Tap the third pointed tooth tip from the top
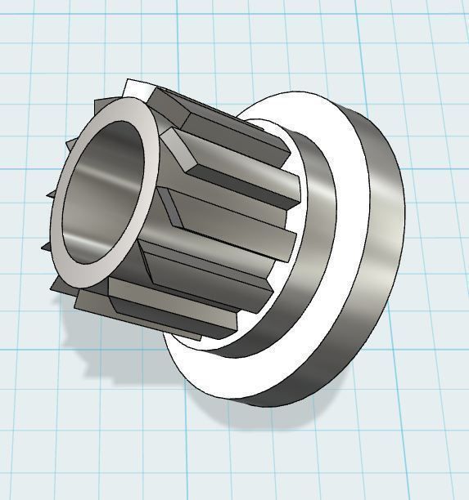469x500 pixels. coord(51,194)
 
